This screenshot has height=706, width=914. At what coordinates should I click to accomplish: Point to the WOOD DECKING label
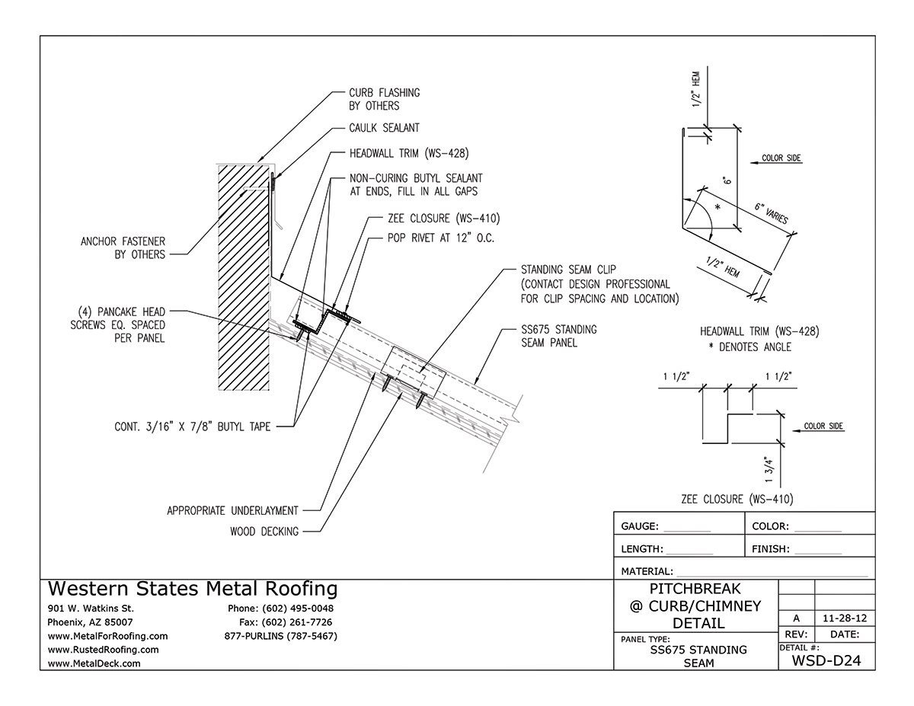click(264, 532)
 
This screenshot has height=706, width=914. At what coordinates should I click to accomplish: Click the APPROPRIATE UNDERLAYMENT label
click(232, 510)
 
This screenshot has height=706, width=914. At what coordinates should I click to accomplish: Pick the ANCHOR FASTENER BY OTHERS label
click(123, 248)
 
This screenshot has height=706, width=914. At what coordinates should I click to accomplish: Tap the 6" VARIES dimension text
click(771, 212)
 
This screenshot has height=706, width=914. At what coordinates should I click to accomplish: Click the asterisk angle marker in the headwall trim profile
click(716, 206)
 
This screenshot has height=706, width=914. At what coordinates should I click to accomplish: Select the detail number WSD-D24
click(826, 660)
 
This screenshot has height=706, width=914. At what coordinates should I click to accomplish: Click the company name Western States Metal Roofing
click(193, 589)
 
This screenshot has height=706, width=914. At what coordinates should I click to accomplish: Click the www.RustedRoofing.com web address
click(103, 650)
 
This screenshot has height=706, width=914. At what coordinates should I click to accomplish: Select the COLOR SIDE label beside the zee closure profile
click(823, 426)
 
